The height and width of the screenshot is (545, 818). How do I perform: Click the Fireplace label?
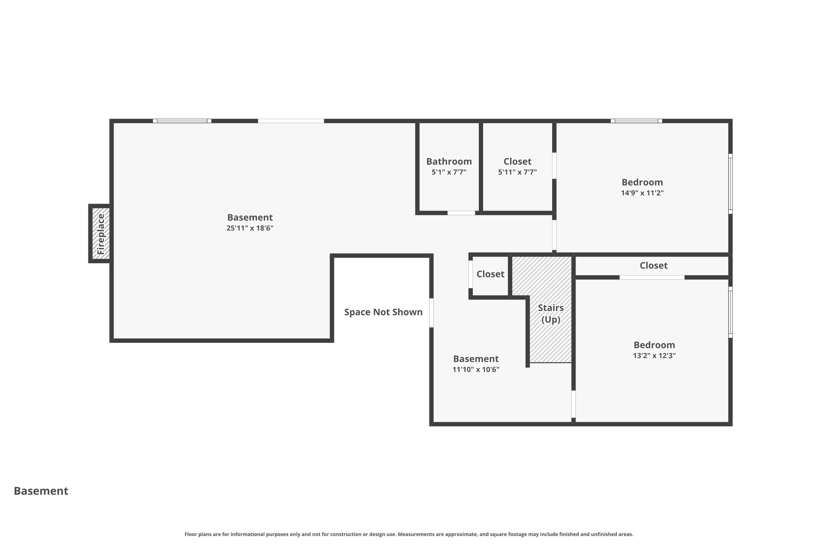pyautogui.click(x=101, y=234)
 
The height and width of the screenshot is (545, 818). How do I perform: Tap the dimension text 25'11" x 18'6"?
pyautogui.click(x=250, y=228)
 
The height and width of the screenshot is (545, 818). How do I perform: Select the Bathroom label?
pyautogui.click(x=449, y=161)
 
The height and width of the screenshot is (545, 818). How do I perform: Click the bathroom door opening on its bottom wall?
pyautogui.click(x=461, y=213)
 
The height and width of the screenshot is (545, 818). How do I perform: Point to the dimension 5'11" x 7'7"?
pyautogui.click(x=517, y=172)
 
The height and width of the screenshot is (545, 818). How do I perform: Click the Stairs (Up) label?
pyautogui.click(x=551, y=313)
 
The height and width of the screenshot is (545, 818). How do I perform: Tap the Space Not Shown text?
pyautogui.click(x=383, y=312)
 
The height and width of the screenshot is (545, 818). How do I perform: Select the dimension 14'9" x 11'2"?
pyautogui.click(x=642, y=193)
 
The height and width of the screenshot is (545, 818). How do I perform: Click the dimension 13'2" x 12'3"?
pyautogui.click(x=654, y=356)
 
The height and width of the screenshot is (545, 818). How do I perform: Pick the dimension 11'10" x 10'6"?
pyautogui.click(x=476, y=370)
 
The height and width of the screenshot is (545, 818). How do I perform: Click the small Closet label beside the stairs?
pyautogui.click(x=490, y=274)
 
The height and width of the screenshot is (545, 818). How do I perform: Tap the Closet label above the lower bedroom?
pyautogui.click(x=653, y=266)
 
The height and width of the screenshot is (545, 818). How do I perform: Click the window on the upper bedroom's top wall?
pyautogui.click(x=636, y=121)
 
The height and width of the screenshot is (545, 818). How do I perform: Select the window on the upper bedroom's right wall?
pyautogui.click(x=730, y=184)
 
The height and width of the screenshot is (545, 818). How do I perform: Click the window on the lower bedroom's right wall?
pyautogui.click(x=730, y=312)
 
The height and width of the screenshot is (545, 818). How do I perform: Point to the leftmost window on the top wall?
pyautogui.click(x=182, y=121)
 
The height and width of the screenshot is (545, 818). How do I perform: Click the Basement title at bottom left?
pyautogui.click(x=41, y=491)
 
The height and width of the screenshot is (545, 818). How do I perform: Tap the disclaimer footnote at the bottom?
pyautogui.click(x=409, y=534)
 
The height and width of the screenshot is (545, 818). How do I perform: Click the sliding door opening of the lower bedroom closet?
pyautogui.click(x=652, y=277)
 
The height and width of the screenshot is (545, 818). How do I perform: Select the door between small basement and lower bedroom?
pyautogui.click(x=573, y=404)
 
